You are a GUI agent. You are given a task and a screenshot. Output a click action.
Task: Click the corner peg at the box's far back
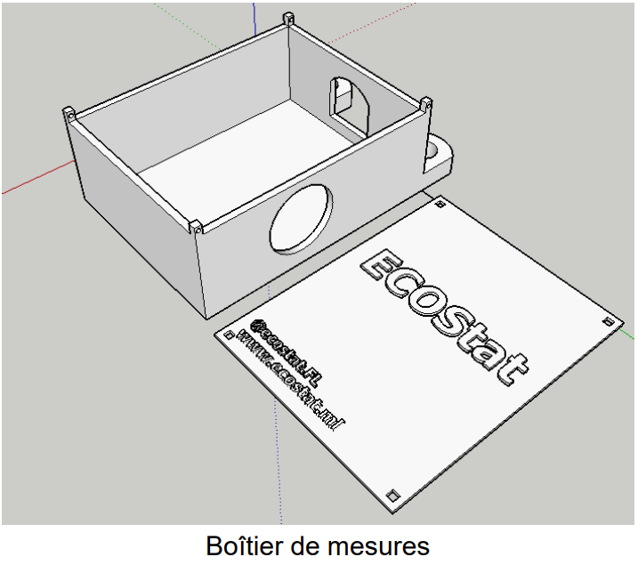287,17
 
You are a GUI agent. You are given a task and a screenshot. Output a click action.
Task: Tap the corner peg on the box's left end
68,114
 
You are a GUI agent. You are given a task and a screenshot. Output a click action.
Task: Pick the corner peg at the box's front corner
196,226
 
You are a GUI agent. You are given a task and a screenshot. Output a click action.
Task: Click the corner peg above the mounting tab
426,103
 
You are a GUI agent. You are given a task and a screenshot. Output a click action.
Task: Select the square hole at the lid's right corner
608,320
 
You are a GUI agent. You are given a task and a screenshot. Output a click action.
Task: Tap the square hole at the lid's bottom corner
392,493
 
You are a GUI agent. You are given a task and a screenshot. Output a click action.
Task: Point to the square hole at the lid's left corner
229,335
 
